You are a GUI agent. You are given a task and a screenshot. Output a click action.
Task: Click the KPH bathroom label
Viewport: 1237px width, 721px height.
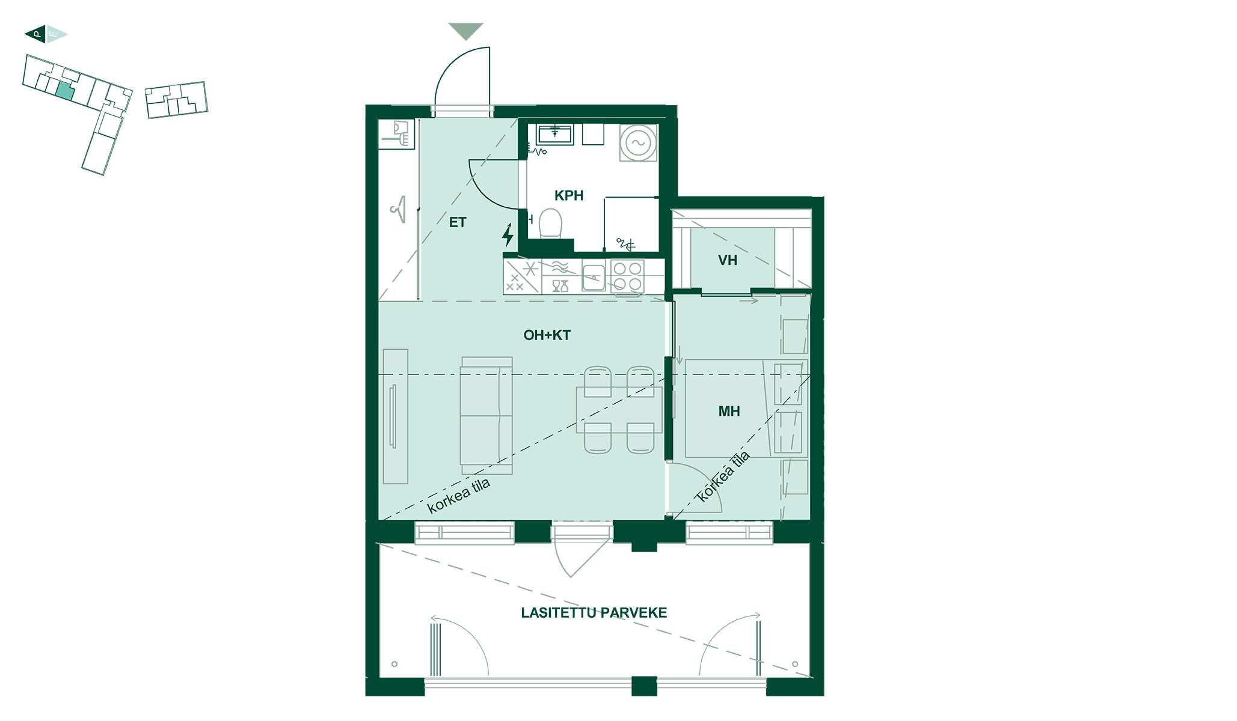(569, 195)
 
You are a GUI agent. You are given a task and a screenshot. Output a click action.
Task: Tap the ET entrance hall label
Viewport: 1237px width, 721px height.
(458, 222)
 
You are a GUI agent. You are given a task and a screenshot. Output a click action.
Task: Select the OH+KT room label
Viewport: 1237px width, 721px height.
(547, 335)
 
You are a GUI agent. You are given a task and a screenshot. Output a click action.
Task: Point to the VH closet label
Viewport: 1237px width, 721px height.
(728, 260)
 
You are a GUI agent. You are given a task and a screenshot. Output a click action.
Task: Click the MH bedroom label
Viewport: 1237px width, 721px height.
(729, 412)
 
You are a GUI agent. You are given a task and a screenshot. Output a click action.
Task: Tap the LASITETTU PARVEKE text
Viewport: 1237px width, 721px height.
(594, 613)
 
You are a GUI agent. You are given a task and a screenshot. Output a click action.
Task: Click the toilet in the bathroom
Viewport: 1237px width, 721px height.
(550, 224)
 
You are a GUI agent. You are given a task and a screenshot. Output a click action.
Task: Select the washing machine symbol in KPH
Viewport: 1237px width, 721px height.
(638, 142)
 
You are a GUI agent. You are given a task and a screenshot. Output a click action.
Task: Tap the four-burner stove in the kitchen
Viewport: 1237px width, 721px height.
(627, 276)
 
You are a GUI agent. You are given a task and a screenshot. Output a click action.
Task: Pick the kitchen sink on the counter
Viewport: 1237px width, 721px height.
(593, 278)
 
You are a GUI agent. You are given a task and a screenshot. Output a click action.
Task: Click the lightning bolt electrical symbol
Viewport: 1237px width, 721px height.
(508, 235)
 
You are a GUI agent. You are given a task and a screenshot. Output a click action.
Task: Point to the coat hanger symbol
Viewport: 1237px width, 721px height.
(399, 210)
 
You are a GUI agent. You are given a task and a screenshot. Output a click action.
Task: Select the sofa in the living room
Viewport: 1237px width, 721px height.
(487, 416)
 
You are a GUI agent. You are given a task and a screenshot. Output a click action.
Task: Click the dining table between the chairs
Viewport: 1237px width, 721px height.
(619, 410)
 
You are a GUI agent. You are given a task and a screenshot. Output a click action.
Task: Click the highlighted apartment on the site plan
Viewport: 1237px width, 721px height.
(64, 91)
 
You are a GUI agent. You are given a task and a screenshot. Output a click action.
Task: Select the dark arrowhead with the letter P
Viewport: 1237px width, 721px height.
(35, 34)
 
